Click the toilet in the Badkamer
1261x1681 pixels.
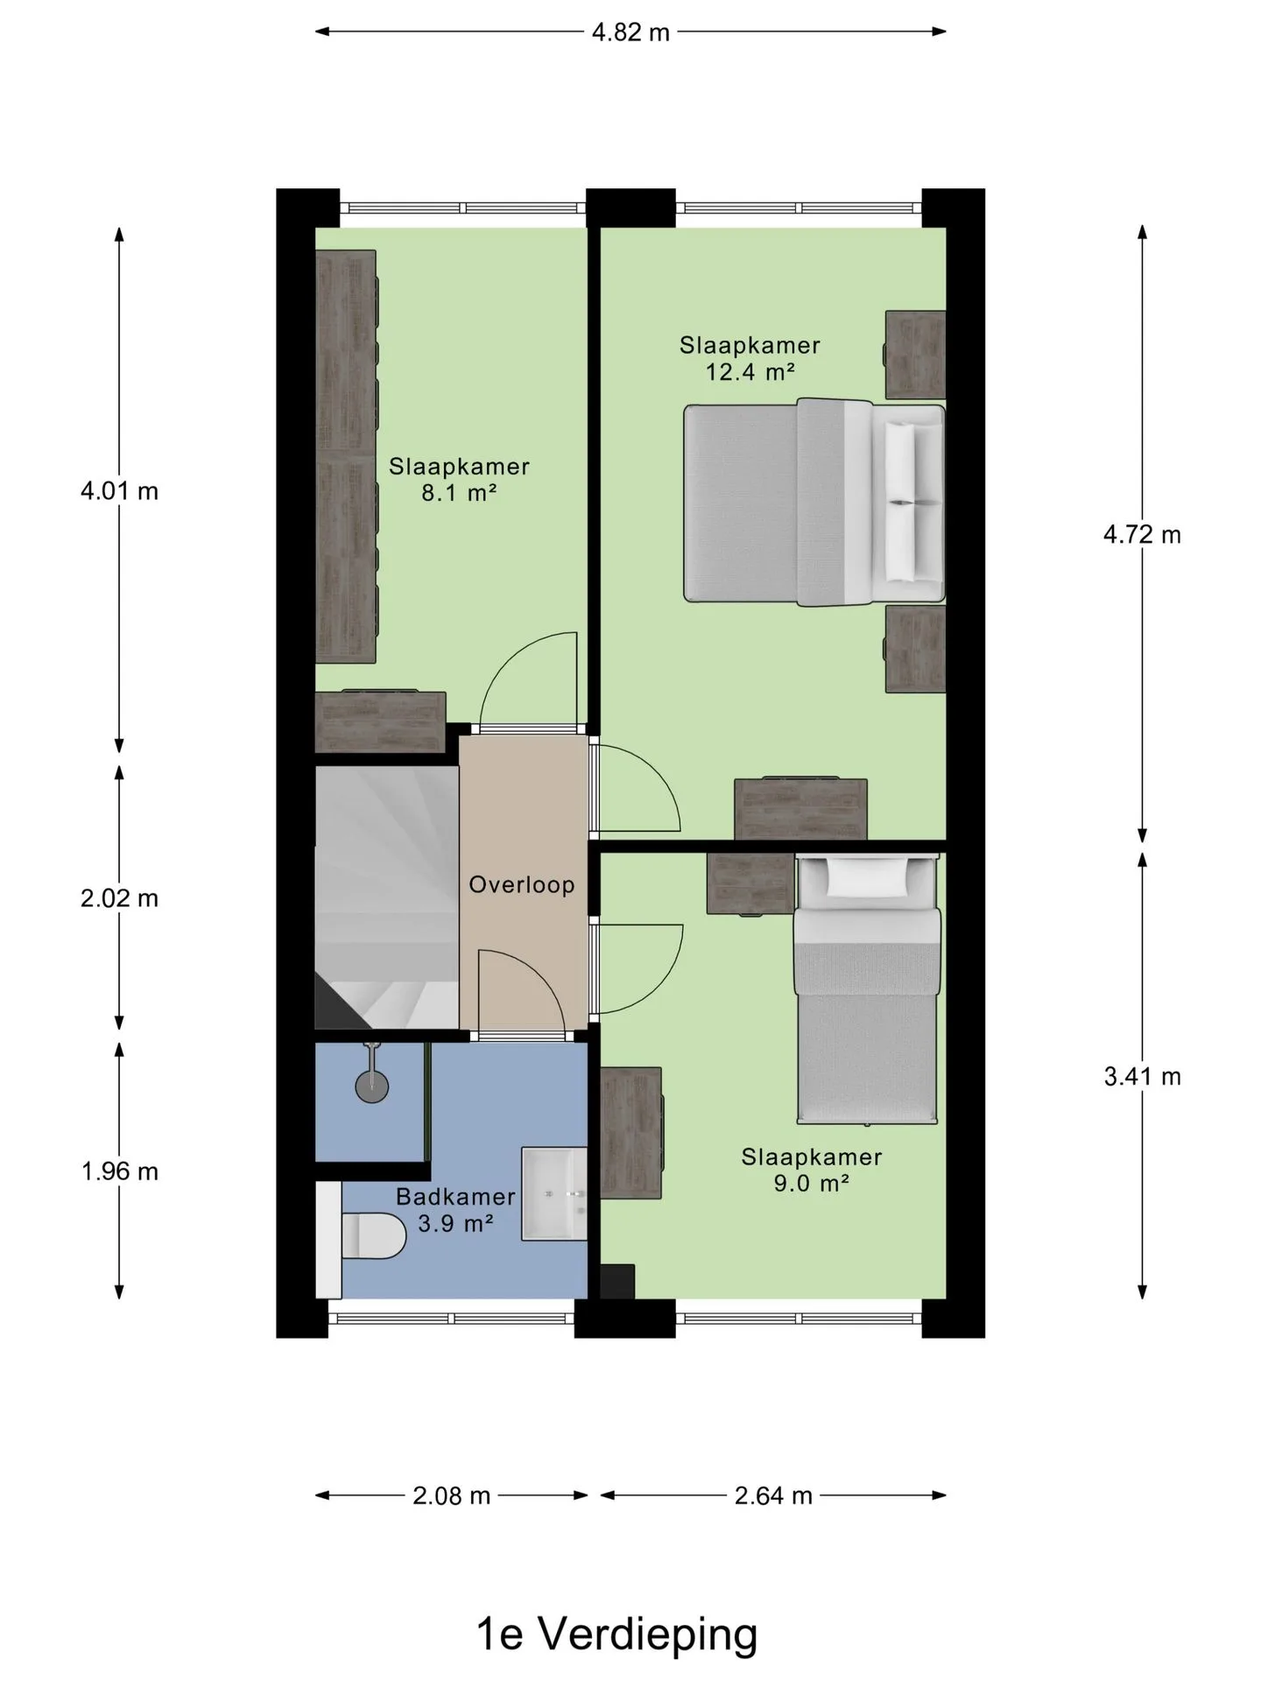coord(373,1235)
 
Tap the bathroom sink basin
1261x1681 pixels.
coord(554,1193)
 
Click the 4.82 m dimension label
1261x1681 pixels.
coord(630,32)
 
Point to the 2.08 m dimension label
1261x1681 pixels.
coord(451,1495)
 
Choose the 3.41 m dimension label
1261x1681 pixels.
coord(1142,1076)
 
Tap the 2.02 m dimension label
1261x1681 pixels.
coord(119,898)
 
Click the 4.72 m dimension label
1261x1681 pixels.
coord(1142,534)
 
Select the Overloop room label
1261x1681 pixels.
coord(522,884)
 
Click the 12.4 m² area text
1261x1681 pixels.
coord(750,371)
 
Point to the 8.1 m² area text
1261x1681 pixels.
coord(460,493)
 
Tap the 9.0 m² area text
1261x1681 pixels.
coord(812,1184)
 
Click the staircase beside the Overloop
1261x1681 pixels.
coord(386,897)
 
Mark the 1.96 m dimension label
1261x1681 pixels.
coord(119,1171)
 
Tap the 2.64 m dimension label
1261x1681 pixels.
coord(773,1495)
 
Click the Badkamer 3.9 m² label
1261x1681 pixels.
coord(455,1210)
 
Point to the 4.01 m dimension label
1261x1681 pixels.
coord(119,491)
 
